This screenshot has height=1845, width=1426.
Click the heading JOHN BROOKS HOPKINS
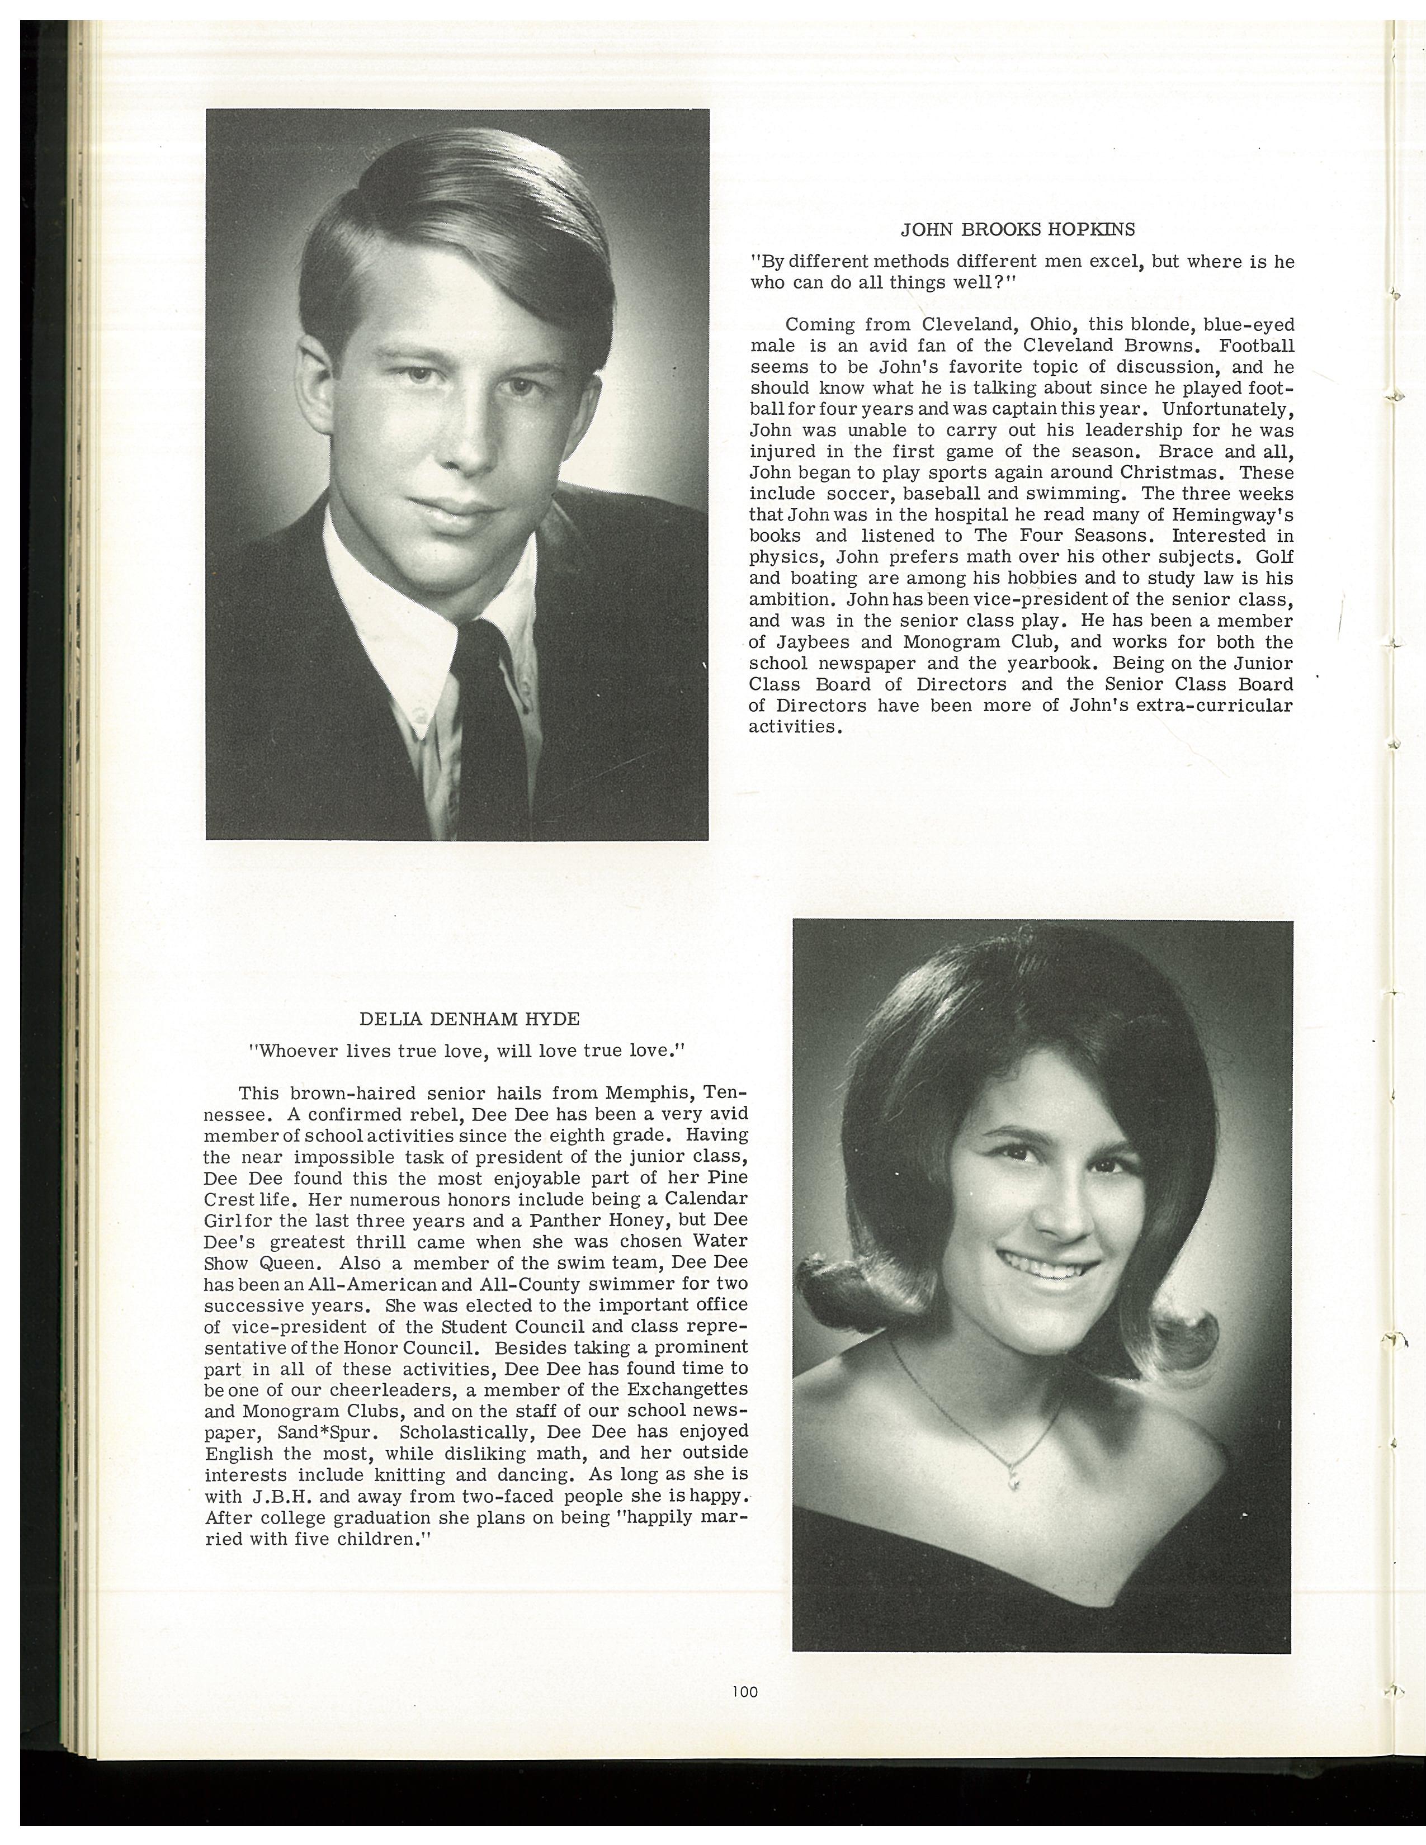(x=1017, y=229)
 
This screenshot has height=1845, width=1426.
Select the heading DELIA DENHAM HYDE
(x=470, y=1019)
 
